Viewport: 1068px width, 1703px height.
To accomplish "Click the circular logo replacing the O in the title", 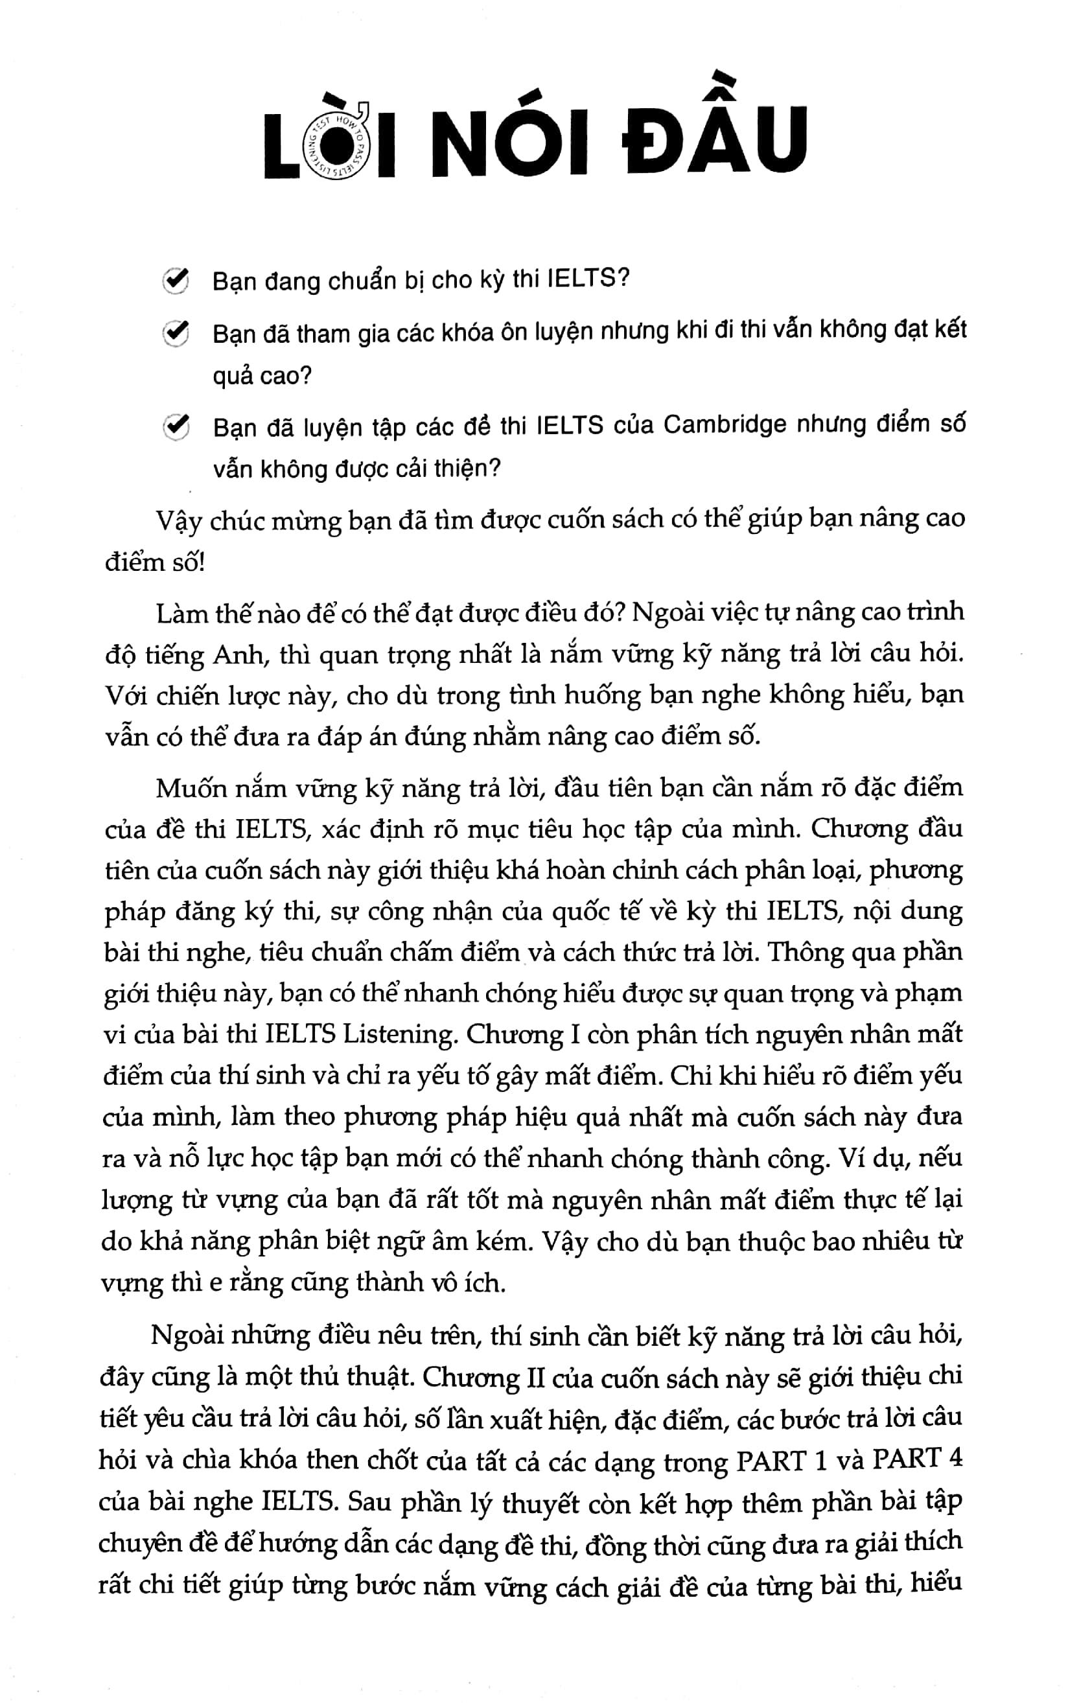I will pyautogui.click(x=339, y=146).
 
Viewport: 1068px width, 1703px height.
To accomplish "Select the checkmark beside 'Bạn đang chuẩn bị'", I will pyautogui.click(x=174, y=281).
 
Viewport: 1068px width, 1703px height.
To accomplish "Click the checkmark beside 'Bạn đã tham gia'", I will pyautogui.click(x=174, y=333).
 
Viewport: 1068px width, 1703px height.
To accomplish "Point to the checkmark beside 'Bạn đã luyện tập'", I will pyautogui.click(x=174, y=426).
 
